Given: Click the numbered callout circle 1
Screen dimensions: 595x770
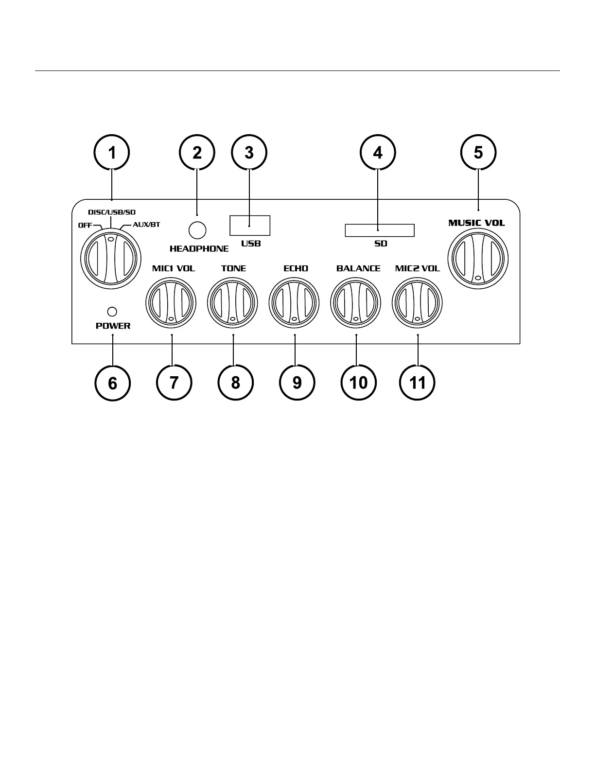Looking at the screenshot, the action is point(112,153).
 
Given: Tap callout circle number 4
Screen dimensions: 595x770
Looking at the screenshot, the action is point(378,153).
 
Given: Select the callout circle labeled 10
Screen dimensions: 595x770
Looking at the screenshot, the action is point(358,383).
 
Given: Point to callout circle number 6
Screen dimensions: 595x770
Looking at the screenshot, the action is point(112,383).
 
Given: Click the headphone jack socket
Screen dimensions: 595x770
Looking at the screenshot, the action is point(197,230).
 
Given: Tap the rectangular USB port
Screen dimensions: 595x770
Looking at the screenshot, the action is point(250,226).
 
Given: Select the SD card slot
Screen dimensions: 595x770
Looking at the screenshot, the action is point(379,230).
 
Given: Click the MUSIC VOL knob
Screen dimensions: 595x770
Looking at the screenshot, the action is point(478,258).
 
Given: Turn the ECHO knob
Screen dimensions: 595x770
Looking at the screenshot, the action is point(294,302).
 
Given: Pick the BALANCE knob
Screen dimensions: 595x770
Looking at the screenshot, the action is point(356,302).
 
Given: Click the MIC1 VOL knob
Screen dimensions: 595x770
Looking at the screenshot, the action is point(171,302).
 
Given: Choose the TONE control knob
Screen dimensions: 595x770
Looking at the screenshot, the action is point(232,302).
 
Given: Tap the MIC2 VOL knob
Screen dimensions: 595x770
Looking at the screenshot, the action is point(418,302).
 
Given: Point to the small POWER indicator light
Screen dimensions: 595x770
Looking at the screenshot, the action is point(112,312).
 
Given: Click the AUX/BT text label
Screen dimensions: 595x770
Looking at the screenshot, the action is point(146,225).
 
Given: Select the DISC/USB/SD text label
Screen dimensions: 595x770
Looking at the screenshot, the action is point(111,212).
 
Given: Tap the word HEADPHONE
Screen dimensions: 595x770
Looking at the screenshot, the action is point(199,249).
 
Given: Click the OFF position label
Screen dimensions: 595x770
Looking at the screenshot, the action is point(85,225).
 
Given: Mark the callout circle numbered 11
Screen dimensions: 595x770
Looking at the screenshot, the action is point(418,383).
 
